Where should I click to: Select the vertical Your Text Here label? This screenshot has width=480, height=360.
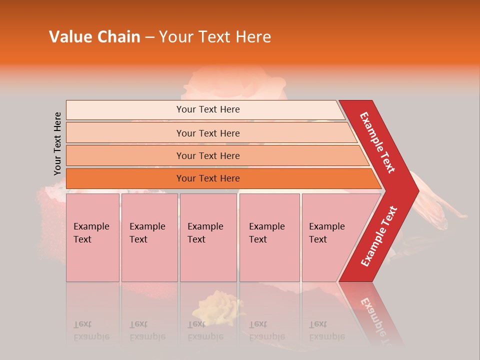click(x=57, y=144)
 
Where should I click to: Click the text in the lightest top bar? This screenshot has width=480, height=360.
click(x=208, y=109)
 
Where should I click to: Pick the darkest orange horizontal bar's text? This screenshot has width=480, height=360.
click(x=208, y=178)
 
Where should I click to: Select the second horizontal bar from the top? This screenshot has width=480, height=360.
click(x=208, y=133)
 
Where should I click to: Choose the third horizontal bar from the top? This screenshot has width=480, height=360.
click(x=208, y=156)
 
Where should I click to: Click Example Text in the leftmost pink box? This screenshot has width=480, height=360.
click(x=91, y=233)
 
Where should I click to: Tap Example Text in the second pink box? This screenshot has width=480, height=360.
click(x=147, y=233)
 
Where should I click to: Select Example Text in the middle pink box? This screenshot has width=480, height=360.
click(x=205, y=233)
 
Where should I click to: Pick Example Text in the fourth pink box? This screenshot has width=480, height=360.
click(x=266, y=233)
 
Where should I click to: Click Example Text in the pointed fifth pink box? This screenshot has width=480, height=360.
click(x=326, y=233)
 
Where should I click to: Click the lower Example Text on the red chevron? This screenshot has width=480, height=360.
click(x=379, y=236)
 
